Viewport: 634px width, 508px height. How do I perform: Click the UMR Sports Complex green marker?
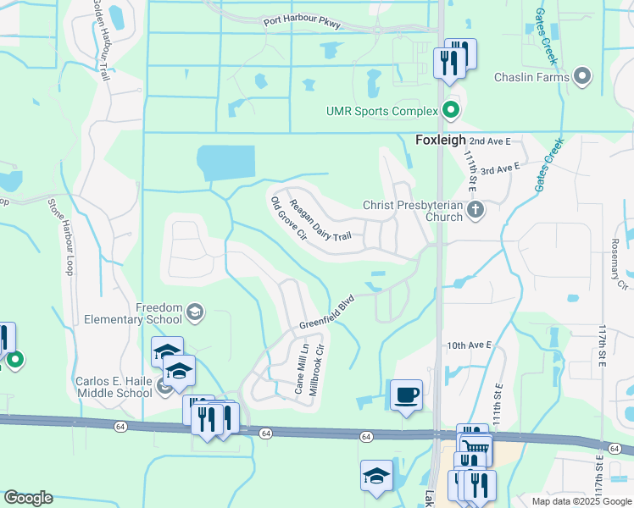[451, 110]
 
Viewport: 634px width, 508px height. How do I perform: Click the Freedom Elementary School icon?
[196, 313]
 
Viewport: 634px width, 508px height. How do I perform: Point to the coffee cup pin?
[406, 395]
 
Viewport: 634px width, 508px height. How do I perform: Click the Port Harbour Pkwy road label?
[302, 22]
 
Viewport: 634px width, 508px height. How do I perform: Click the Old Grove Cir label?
[287, 218]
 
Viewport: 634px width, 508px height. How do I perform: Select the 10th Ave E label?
[470, 345]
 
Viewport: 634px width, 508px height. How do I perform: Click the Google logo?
[28, 498]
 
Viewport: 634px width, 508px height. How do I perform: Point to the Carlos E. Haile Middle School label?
[114, 387]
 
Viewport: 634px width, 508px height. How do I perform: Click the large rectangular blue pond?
[225, 163]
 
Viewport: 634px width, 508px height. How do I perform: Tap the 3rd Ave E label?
[499, 169]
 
